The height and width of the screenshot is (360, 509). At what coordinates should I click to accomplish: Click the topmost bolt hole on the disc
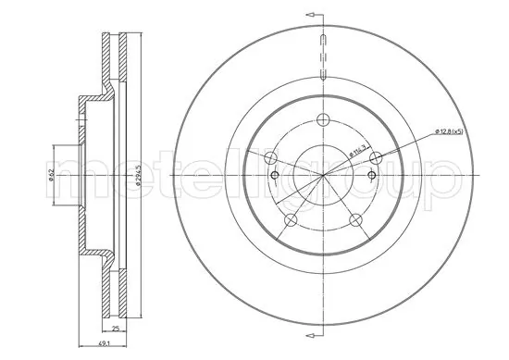323,118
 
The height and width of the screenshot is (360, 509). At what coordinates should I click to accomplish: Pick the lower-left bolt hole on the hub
291,219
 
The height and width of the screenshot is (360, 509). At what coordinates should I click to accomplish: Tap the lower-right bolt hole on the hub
355,219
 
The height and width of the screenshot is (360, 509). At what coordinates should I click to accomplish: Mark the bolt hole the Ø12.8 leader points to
375,158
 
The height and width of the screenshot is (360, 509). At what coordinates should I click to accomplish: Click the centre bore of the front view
323,176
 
